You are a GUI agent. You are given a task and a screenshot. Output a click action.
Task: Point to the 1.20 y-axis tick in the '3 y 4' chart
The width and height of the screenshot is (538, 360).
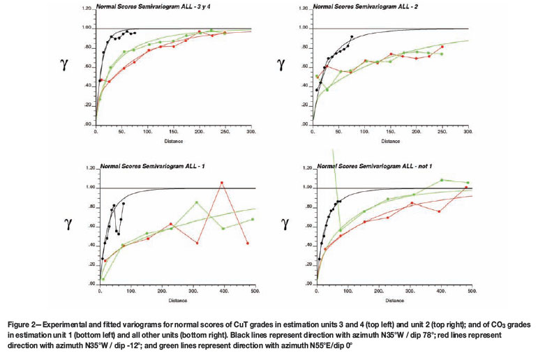click(87, 9)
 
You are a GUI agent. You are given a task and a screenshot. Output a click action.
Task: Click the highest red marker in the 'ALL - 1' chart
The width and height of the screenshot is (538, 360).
click(222, 183)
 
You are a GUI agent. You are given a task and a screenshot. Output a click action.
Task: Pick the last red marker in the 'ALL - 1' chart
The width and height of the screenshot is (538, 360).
click(248, 243)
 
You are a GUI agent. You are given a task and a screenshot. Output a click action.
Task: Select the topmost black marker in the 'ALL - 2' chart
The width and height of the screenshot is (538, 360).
click(352, 36)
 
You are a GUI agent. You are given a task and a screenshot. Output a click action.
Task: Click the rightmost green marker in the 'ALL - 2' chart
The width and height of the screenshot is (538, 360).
click(441, 54)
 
